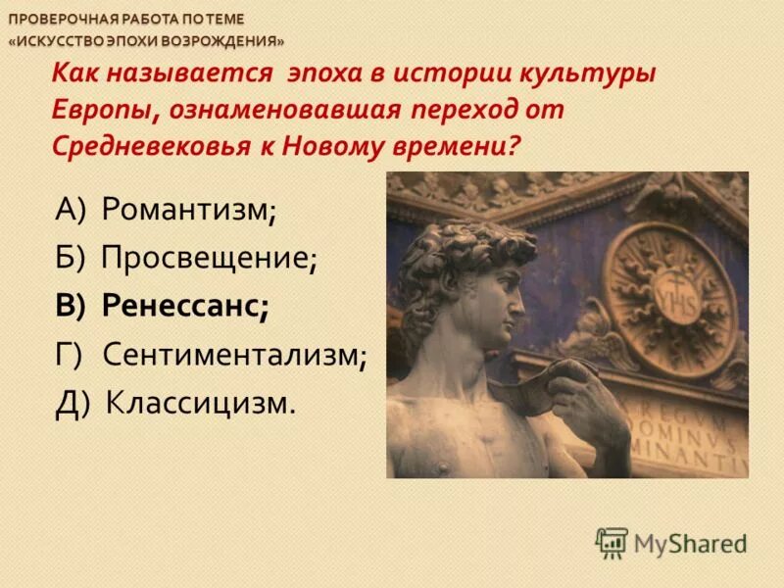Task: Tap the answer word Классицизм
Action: (200, 402)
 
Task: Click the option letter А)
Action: (72, 209)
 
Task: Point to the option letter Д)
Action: (73, 402)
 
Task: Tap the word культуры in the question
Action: (601, 74)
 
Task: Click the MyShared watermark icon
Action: (612, 542)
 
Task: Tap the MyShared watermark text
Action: (690, 543)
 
